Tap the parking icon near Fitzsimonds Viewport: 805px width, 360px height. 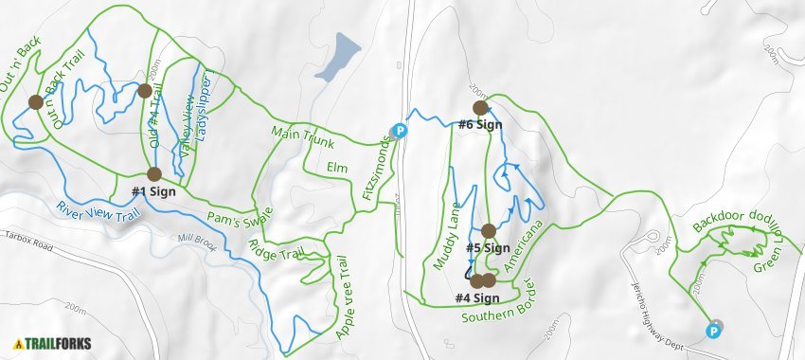point(400,132)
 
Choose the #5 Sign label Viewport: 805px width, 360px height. point(489,248)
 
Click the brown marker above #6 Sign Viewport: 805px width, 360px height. point(479,108)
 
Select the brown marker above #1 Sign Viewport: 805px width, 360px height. point(153,173)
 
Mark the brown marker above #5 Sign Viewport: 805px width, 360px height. point(489,230)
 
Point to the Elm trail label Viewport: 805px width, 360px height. point(337,168)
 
